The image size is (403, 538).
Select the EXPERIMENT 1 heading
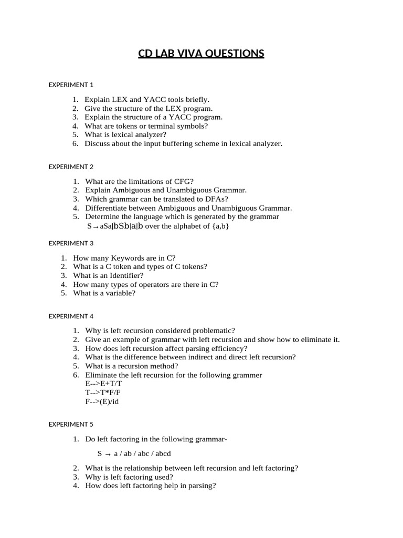coord(71,84)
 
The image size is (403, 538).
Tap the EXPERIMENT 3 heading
coord(71,243)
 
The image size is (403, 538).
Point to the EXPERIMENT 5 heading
coord(71,424)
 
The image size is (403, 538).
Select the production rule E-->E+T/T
coord(103,384)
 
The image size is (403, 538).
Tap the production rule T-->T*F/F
coord(103,393)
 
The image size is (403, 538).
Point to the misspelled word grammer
coord(248,375)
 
